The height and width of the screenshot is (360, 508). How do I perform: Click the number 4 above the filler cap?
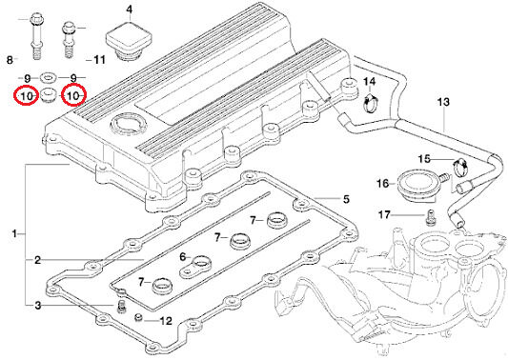click(x=130, y=10)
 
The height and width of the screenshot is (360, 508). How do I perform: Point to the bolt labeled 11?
click(x=69, y=39)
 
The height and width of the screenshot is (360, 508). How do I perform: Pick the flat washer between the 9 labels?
click(x=49, y=78)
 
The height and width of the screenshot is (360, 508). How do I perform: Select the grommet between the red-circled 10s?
click(x=49, y=94)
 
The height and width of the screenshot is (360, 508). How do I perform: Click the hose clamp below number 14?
click(x=371, y=103)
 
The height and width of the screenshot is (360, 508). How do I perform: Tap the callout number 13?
click(x=443, y=102)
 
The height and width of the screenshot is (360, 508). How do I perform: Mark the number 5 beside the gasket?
click(x=346, y=199)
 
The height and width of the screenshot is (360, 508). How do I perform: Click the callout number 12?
click(x=166, y=321)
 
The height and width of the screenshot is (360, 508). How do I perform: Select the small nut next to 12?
click(x=139, y=317)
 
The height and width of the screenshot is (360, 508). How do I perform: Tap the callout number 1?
click(x=14, y=233)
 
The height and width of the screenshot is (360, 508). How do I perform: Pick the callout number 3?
click(x=38, y=305)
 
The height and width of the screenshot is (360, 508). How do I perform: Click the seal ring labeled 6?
click(x=195, y=267)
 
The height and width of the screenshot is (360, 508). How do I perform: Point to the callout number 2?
click(x=38, y=260)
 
